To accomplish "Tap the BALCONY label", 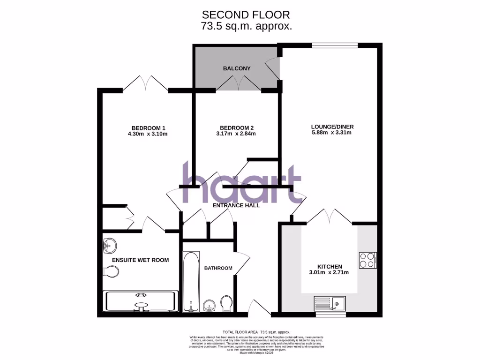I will click(x=237, y=68).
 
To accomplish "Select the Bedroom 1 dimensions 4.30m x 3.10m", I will click(x=148, y=134).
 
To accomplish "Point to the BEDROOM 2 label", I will click(x=237, y=127).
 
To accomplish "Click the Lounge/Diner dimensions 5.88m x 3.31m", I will click(x=332, y=133).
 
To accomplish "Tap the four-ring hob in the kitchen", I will click(x=367, y=260).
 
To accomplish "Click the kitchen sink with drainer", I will click(x=330, y=304).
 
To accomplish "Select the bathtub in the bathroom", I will click(x=191, y=282).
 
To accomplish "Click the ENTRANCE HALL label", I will click(x=236, y=205).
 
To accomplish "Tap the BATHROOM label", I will click(x=218, y=268).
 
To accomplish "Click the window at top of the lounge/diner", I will click(x=335, y=45).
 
